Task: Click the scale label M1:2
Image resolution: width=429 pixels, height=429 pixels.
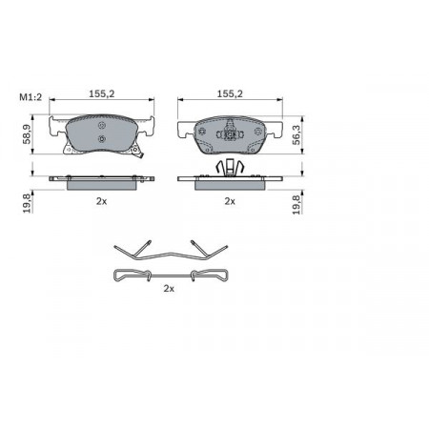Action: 31,97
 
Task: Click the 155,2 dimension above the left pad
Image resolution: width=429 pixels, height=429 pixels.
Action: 102,93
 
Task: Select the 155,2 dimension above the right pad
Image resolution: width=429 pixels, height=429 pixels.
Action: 230,93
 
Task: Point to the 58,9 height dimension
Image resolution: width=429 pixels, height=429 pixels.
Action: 27,134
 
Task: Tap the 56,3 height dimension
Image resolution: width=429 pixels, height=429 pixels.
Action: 296,134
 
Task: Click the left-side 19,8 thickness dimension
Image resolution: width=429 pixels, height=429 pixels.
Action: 27,203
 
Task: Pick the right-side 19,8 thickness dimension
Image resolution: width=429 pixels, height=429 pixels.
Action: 296,205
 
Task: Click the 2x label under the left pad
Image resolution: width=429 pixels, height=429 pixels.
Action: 102,201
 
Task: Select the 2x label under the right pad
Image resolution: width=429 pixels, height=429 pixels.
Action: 230,201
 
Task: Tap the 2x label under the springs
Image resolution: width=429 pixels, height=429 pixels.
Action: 169,289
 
